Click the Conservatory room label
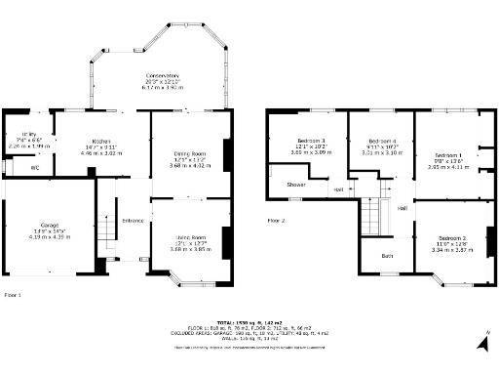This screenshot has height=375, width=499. [x=162, y=75]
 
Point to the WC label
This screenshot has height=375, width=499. [x=35, y=168]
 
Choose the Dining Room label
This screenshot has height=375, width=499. [x=189, y=153]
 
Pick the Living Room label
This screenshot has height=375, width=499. [x=190, y=237]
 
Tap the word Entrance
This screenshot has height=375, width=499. [x=133, y=221]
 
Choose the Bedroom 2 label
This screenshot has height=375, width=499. [x=451, y=238]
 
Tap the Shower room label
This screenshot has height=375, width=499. [x=295, y=184]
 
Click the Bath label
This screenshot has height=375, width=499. [x=387, y=256]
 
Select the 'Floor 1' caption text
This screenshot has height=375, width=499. [x=13, y=293]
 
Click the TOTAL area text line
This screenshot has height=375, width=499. [x=249, y=320]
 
